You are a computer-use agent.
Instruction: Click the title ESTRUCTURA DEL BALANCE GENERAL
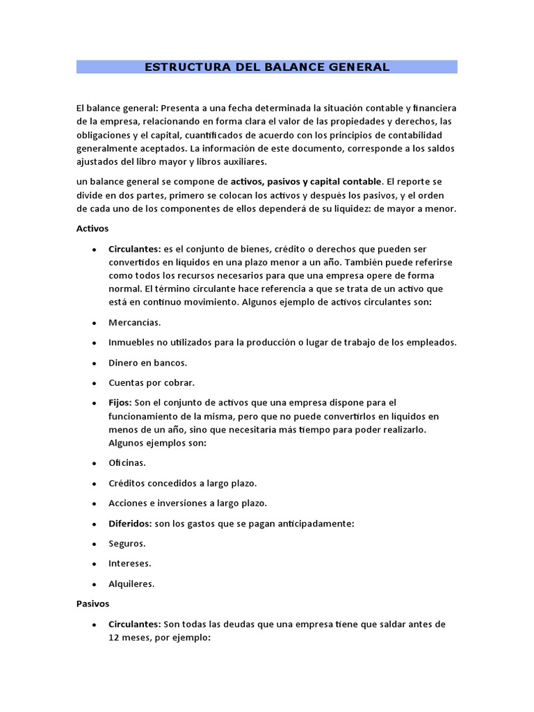(266, 67)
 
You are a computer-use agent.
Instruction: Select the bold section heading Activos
(92, 228)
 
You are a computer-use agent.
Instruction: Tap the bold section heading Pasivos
(92, 604)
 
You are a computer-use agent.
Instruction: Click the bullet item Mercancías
(134, 323)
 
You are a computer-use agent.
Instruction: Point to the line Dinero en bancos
(148, 362)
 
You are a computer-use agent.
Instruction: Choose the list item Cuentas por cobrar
(152, 382)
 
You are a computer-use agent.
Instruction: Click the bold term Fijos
(120, 403)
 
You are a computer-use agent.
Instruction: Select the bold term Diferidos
(130, 523)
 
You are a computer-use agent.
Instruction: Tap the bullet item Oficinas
(127, 462)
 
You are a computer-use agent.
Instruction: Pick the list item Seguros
(127, 543)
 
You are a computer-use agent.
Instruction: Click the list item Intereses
(129, 563)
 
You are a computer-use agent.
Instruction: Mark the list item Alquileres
(131, 583)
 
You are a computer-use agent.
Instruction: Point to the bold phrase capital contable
(346, 181)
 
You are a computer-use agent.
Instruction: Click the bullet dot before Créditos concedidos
(93, 483)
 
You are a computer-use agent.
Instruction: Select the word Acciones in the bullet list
(129, 503)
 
